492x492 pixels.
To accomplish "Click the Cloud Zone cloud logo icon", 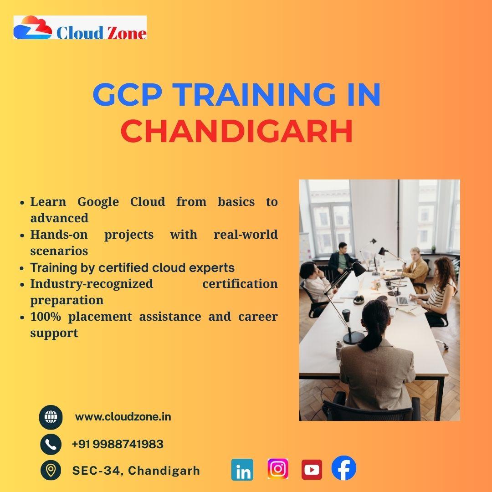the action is pos(33,28).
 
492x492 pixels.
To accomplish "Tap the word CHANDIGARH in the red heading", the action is pos(237,131).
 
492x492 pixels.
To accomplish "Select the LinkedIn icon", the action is pos(242,469).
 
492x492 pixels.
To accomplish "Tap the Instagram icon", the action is pos(278,469).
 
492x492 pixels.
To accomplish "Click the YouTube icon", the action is pos(312,469).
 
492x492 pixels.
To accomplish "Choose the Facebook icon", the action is pos(344,468).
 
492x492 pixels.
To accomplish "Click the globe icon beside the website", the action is pos(51,417).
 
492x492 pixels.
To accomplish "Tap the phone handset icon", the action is pos(51,444).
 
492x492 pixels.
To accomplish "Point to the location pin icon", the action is pos(51,470).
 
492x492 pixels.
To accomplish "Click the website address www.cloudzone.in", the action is pos(123,417).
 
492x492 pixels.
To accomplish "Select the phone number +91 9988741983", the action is pos(118,444).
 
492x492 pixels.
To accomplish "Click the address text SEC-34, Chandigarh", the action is pos(136,470).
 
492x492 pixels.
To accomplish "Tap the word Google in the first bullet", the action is pos(98,202).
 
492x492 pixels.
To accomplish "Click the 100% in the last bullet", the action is pos(46,316).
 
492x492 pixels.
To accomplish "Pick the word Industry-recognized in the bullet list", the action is pos(92,284).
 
